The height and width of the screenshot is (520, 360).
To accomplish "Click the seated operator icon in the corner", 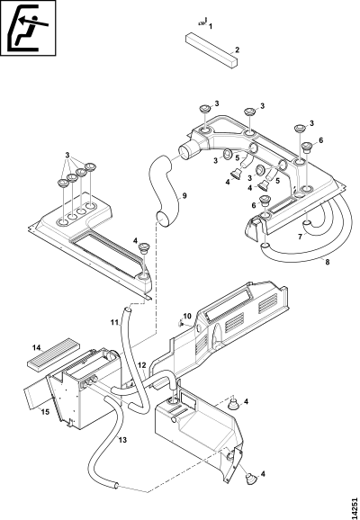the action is click(x=28, y=28).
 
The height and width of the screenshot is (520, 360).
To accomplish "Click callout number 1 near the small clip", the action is click(x=211, y=26).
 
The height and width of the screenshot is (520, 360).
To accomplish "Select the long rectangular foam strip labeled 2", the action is click(x=212, y=50).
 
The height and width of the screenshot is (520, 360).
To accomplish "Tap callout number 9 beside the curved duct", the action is click(x=184, y=195).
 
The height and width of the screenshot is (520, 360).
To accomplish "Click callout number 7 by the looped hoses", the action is click(x=300, y=237).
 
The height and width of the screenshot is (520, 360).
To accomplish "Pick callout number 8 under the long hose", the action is click(x=328, y=262).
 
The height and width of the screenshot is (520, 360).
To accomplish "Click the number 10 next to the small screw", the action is click(x=187, y=316).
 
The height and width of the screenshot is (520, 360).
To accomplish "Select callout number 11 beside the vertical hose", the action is click(x=115, y=322).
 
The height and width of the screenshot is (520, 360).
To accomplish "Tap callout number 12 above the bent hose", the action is click(x=142, y=365).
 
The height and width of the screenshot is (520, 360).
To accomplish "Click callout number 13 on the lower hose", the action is click(x=122, y=440).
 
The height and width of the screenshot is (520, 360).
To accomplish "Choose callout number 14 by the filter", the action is click(x=37, y=347).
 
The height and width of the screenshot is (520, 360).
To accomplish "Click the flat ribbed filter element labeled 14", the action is click(x=53, y=354).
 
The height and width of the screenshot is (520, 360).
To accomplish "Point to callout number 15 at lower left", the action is click(x=45, y=412).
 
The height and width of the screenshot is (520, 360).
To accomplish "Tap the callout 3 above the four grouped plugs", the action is click(x=67, y=155).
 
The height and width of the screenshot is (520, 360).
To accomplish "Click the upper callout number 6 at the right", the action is click(x=320, y=140).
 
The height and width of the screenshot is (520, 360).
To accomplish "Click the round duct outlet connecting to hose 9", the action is click(x=187, y=151).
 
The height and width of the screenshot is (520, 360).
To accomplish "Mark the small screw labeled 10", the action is click(x=181, y=322).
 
